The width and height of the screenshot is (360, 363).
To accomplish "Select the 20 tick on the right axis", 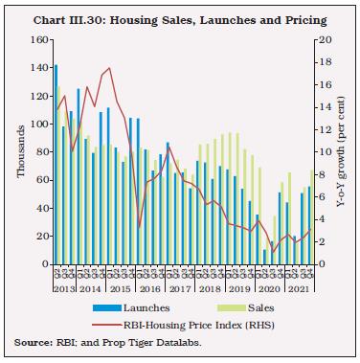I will coord(326,39).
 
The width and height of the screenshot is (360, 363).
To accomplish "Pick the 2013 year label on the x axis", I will coord(65,288).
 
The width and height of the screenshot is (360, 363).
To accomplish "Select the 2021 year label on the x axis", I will coord(300,288).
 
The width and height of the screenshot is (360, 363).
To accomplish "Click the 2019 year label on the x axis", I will coord(239,288).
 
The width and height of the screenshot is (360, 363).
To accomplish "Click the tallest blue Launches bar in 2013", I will coord(56,164).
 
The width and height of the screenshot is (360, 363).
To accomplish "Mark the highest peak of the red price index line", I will coord(110,68).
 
